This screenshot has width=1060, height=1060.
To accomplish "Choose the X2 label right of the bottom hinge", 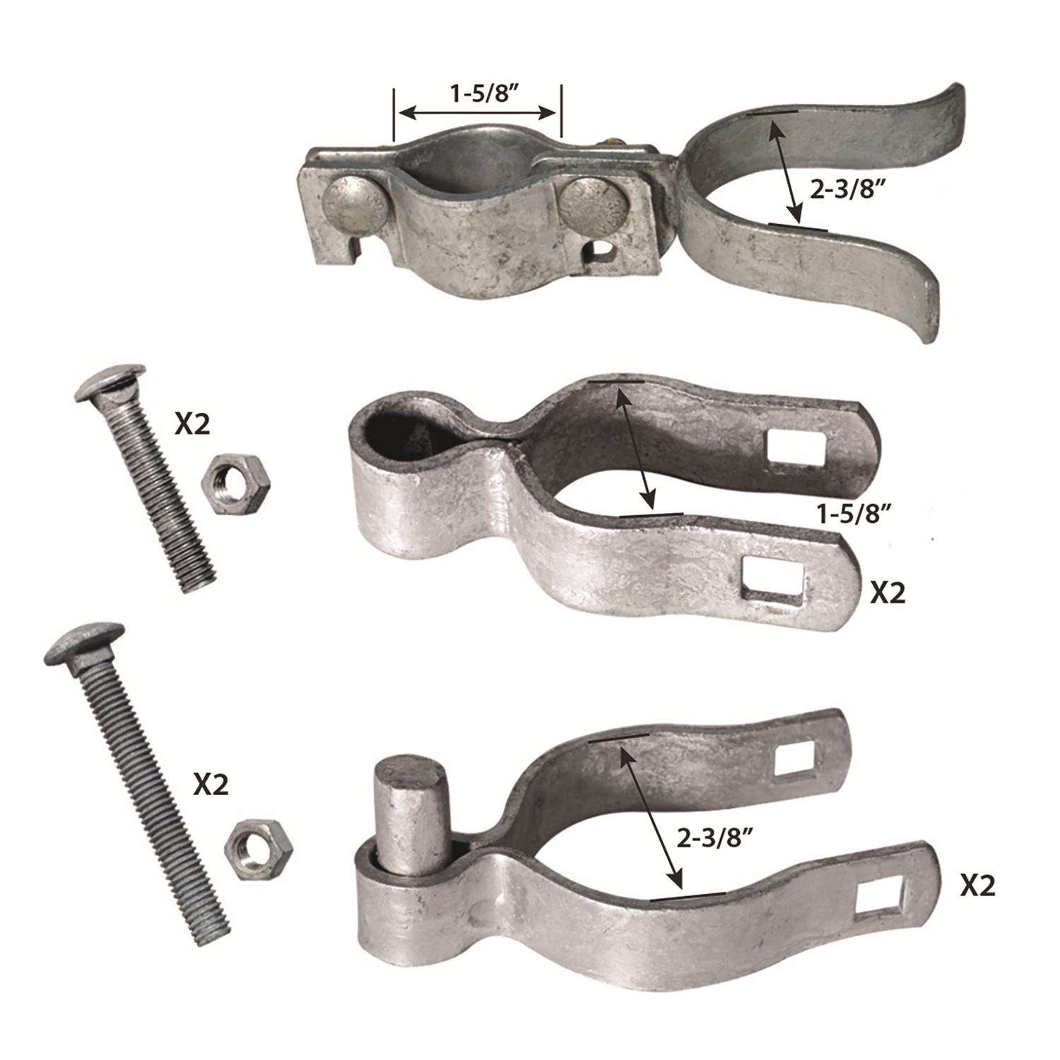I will [x=977, y=885].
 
